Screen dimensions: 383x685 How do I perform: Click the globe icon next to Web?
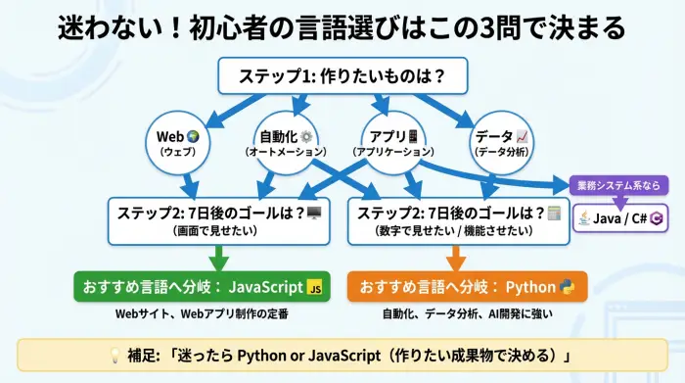[193, 136]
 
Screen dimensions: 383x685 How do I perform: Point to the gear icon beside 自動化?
[306, 136]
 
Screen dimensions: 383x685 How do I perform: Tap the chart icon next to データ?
[522, 136]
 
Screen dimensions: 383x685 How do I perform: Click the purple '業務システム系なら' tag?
[617, 185]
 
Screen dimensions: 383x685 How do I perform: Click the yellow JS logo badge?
[314, 288]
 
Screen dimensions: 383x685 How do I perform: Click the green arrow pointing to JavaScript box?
[219, 257]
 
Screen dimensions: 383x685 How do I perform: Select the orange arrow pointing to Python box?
[455, 257]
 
